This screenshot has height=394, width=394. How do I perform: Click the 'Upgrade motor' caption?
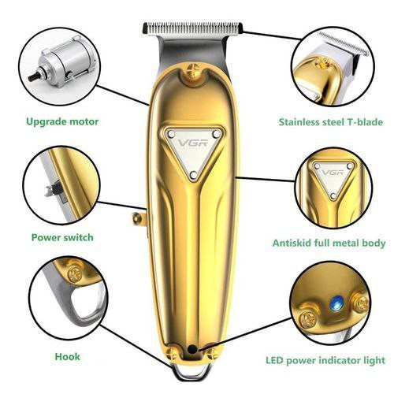point(62,121)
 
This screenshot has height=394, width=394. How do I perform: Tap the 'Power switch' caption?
point(62,236)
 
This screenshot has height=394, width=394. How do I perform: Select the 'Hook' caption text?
point(67,356)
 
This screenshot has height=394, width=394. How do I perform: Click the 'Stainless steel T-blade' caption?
point(330,121)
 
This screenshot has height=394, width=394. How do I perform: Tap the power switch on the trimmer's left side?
point(139,216)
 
